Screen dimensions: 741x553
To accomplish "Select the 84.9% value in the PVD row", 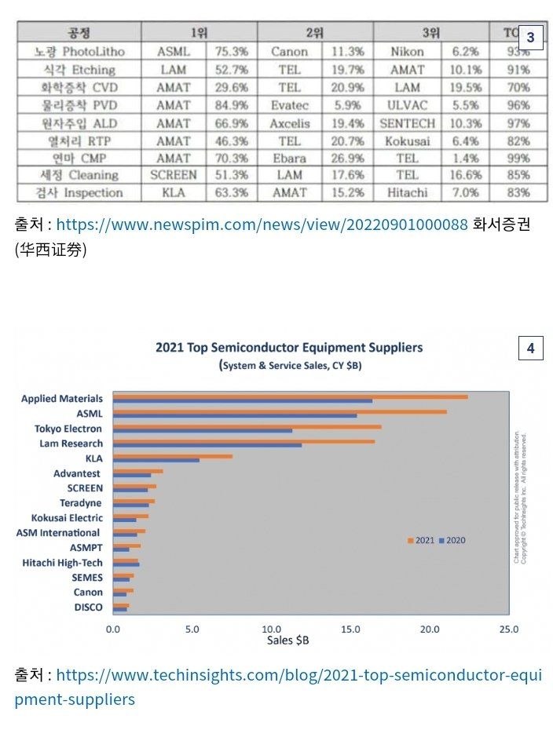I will [x=231, y=105].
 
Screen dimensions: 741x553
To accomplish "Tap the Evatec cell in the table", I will [x=289, y=105].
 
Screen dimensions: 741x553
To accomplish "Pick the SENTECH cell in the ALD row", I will [x=407, y=123].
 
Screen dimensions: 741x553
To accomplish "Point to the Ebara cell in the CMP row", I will [x=289, y=158].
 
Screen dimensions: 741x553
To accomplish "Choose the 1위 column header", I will [x=199, y=33].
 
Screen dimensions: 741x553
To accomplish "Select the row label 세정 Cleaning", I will [x=79, y=175].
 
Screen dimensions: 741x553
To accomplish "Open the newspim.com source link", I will [x=262, y=225].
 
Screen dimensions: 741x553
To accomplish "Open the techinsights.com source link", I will [x=298, y=675].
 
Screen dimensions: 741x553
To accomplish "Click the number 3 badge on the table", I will [x=530, y=37].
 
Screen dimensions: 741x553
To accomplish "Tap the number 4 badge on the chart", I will [x=530, y=348].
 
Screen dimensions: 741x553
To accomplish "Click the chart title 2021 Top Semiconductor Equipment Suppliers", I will [x=289, y=347].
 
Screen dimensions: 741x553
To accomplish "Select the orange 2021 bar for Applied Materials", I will [x=290, y=397].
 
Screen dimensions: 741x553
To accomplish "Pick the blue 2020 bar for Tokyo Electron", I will [x=202, y=431].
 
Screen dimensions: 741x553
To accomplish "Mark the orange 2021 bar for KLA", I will [x=172, y=456].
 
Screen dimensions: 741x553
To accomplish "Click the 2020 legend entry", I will [x=452, y=541].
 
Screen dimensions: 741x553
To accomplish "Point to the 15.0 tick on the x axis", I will [x=350, y=629].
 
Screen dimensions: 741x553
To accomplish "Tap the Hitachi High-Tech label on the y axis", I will [x=63, y=563].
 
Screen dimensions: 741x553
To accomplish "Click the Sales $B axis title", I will [x=287, y=641].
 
